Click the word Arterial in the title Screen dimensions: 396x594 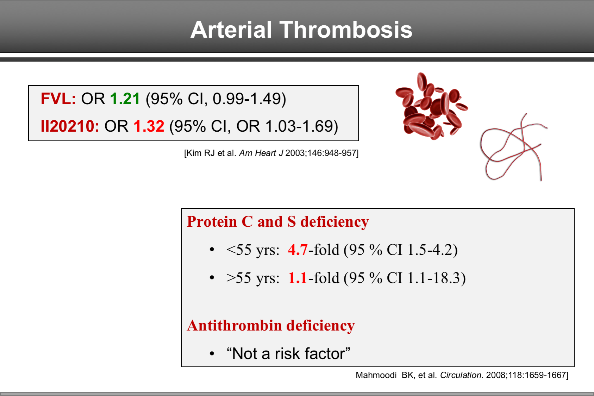(x=231, y=30)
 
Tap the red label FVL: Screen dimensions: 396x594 (x=58, y=99)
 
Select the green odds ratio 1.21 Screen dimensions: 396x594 (x=125, y=99)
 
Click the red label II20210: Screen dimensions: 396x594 (x=70, y=126)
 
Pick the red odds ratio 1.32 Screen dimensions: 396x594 (x=149, y=126)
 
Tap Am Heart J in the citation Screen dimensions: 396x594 (x=261, y=153)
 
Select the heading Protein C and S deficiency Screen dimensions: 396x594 (x=277, y=222)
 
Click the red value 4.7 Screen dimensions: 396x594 (x=298, y=250)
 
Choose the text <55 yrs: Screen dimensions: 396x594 (x=252, y=250)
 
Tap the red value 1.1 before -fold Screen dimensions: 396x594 (x=298, y=278)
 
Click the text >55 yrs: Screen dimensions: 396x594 (x=252, y=278)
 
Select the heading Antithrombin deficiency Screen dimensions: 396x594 (x=270, y=326)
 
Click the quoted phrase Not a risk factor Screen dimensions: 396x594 (x=288, y=354)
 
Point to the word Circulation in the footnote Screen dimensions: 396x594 (x=461, y=375)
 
